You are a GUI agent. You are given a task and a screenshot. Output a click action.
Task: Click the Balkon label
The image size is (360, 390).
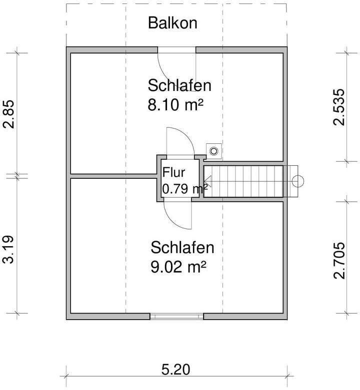[x=173, y=23]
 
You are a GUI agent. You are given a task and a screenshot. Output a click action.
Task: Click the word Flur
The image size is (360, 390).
[x=173, y=173]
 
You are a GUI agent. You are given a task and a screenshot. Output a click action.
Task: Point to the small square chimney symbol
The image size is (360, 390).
[x=214, y=149]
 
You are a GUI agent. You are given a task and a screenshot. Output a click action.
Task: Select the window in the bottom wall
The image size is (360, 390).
[x=177, y=316]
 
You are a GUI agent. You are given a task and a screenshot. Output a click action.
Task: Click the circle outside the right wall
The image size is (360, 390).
[x=298, y=181]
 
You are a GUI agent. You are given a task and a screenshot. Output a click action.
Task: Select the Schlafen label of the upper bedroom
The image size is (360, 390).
[x=179, y=85]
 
